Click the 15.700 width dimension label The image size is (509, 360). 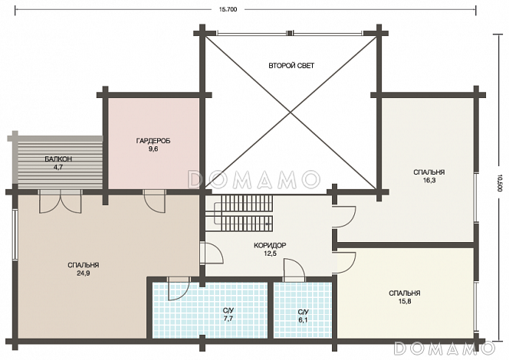click(x=228, y=9)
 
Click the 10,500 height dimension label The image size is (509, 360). click(x=499, y=184)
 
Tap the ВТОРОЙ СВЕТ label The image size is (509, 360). click(x=291, y=66)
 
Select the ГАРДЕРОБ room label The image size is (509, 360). click(x=153, y=141)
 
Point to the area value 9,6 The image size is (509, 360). click(x=153, y=149)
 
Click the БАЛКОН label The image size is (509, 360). click(x=58, y=159)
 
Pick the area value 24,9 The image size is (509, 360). click(x=84, y=273)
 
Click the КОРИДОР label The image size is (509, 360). click(x=270, y=245)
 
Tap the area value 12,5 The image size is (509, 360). click(x=270, y=254)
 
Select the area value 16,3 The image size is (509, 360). click(x=429, y=180)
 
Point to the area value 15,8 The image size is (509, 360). click(x=405, y=301)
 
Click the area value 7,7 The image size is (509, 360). click(x=228, y=319)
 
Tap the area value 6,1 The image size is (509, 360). click(x=303, y=320)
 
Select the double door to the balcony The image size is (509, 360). click(x=60, y=201)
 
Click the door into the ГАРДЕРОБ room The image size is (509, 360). click(x=155, y=201)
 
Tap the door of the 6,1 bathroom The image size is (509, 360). click(x=294, y=270)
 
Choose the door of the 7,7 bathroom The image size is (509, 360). click(x=179, y=289)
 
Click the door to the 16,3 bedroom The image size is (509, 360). click(x=345, y=217)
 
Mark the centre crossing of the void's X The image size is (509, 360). click(x=291, y=113)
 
